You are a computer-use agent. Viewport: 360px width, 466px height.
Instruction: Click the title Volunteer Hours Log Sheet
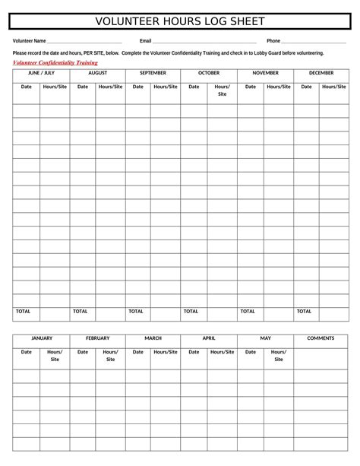tap(180, 21)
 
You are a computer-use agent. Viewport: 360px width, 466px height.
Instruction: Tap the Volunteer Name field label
tap(30, 40)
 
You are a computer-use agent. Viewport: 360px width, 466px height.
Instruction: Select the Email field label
tap(146, 40)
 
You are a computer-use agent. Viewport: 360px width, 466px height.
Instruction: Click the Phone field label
tap(273, 40)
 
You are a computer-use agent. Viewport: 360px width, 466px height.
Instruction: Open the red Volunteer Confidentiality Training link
tap(55, 63)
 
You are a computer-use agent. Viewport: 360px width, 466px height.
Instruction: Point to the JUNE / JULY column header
tap(41, 73)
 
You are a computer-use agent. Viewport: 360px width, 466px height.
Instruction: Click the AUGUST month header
tap(97, 73)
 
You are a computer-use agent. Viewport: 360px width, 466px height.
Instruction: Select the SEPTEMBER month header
tap(153, 73)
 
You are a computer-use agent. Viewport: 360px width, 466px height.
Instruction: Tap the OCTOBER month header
tap(209, 73)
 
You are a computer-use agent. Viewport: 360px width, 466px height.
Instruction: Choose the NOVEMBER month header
tap(265, 73)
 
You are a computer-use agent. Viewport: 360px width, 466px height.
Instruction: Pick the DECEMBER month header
tap(321, 73)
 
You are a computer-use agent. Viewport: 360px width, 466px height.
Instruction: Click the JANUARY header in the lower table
tap(41, 338)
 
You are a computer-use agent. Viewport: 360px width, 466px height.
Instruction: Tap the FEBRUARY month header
tap(97, 338)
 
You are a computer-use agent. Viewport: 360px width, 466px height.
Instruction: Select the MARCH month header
tap(153, 338)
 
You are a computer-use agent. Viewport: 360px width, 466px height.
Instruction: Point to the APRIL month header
tap(209, 338)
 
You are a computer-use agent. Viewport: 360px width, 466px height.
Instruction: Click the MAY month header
tap(265, 338)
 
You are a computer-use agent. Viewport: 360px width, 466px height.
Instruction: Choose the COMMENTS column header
tap(321, 338)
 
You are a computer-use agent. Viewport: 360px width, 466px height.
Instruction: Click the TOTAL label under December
tap(304, 311)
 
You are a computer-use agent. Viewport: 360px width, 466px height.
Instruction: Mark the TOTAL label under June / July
tap(24, 311)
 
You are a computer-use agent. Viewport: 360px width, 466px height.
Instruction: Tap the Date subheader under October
tap(194, 87)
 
